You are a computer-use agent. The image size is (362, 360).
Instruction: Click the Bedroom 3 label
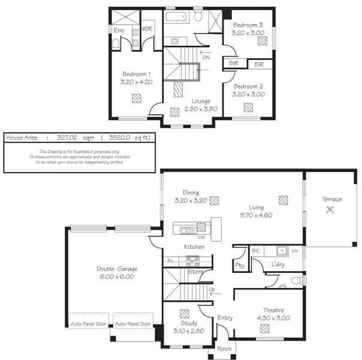(248, 25)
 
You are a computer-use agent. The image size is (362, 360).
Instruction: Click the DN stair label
(206, 58)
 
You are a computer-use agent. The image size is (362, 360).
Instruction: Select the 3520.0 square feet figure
(119, 137)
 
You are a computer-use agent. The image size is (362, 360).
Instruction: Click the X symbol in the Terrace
(330, 209)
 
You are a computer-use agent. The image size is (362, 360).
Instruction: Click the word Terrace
(331, 199)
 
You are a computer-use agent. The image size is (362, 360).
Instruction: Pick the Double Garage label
(114, 269)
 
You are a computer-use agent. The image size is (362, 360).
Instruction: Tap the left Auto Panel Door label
(89, 324)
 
